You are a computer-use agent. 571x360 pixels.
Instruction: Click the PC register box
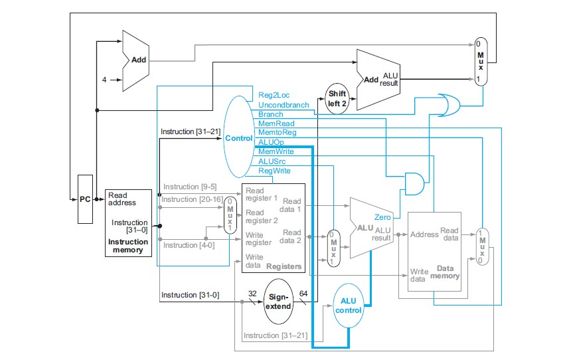coord(85,199)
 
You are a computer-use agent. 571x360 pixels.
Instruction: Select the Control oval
coord(238,138)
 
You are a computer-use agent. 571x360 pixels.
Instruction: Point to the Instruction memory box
coord(128,223)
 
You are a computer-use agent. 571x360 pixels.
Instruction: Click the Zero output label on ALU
coord(382,217)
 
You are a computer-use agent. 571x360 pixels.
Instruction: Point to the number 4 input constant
coord(104,80)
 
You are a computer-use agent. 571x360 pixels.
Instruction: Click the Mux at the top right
coord(481,59)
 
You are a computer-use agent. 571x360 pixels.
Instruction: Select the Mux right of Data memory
coord(482,248)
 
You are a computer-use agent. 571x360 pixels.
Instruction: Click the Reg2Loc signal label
coord(274,96)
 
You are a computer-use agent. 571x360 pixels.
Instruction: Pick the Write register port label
coord(258,239)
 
